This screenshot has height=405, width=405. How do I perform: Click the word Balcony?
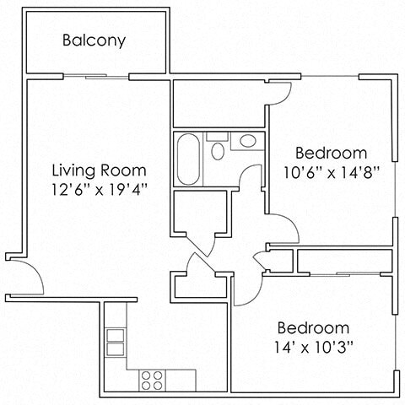click(x=94, y=40)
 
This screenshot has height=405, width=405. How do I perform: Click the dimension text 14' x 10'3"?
click(x=313, y=347)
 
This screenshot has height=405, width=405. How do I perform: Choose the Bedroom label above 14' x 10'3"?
click(x=313, y=327)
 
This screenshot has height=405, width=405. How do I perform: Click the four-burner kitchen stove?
click(x=151, y=380)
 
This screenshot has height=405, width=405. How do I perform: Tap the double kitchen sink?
click(x=114, y=340)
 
